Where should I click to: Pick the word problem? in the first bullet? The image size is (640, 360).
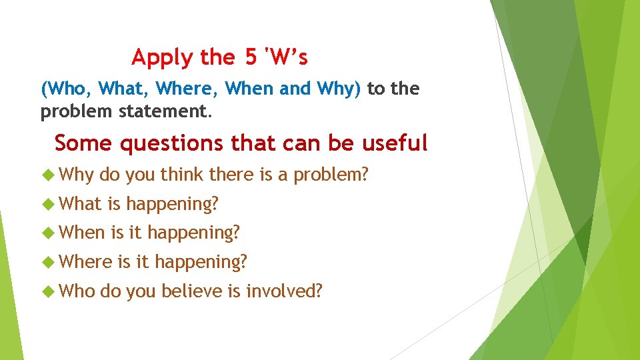[331, 175]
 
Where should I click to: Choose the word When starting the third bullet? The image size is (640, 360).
[82, 233]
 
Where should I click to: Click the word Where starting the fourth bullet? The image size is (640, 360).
[85, 262]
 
